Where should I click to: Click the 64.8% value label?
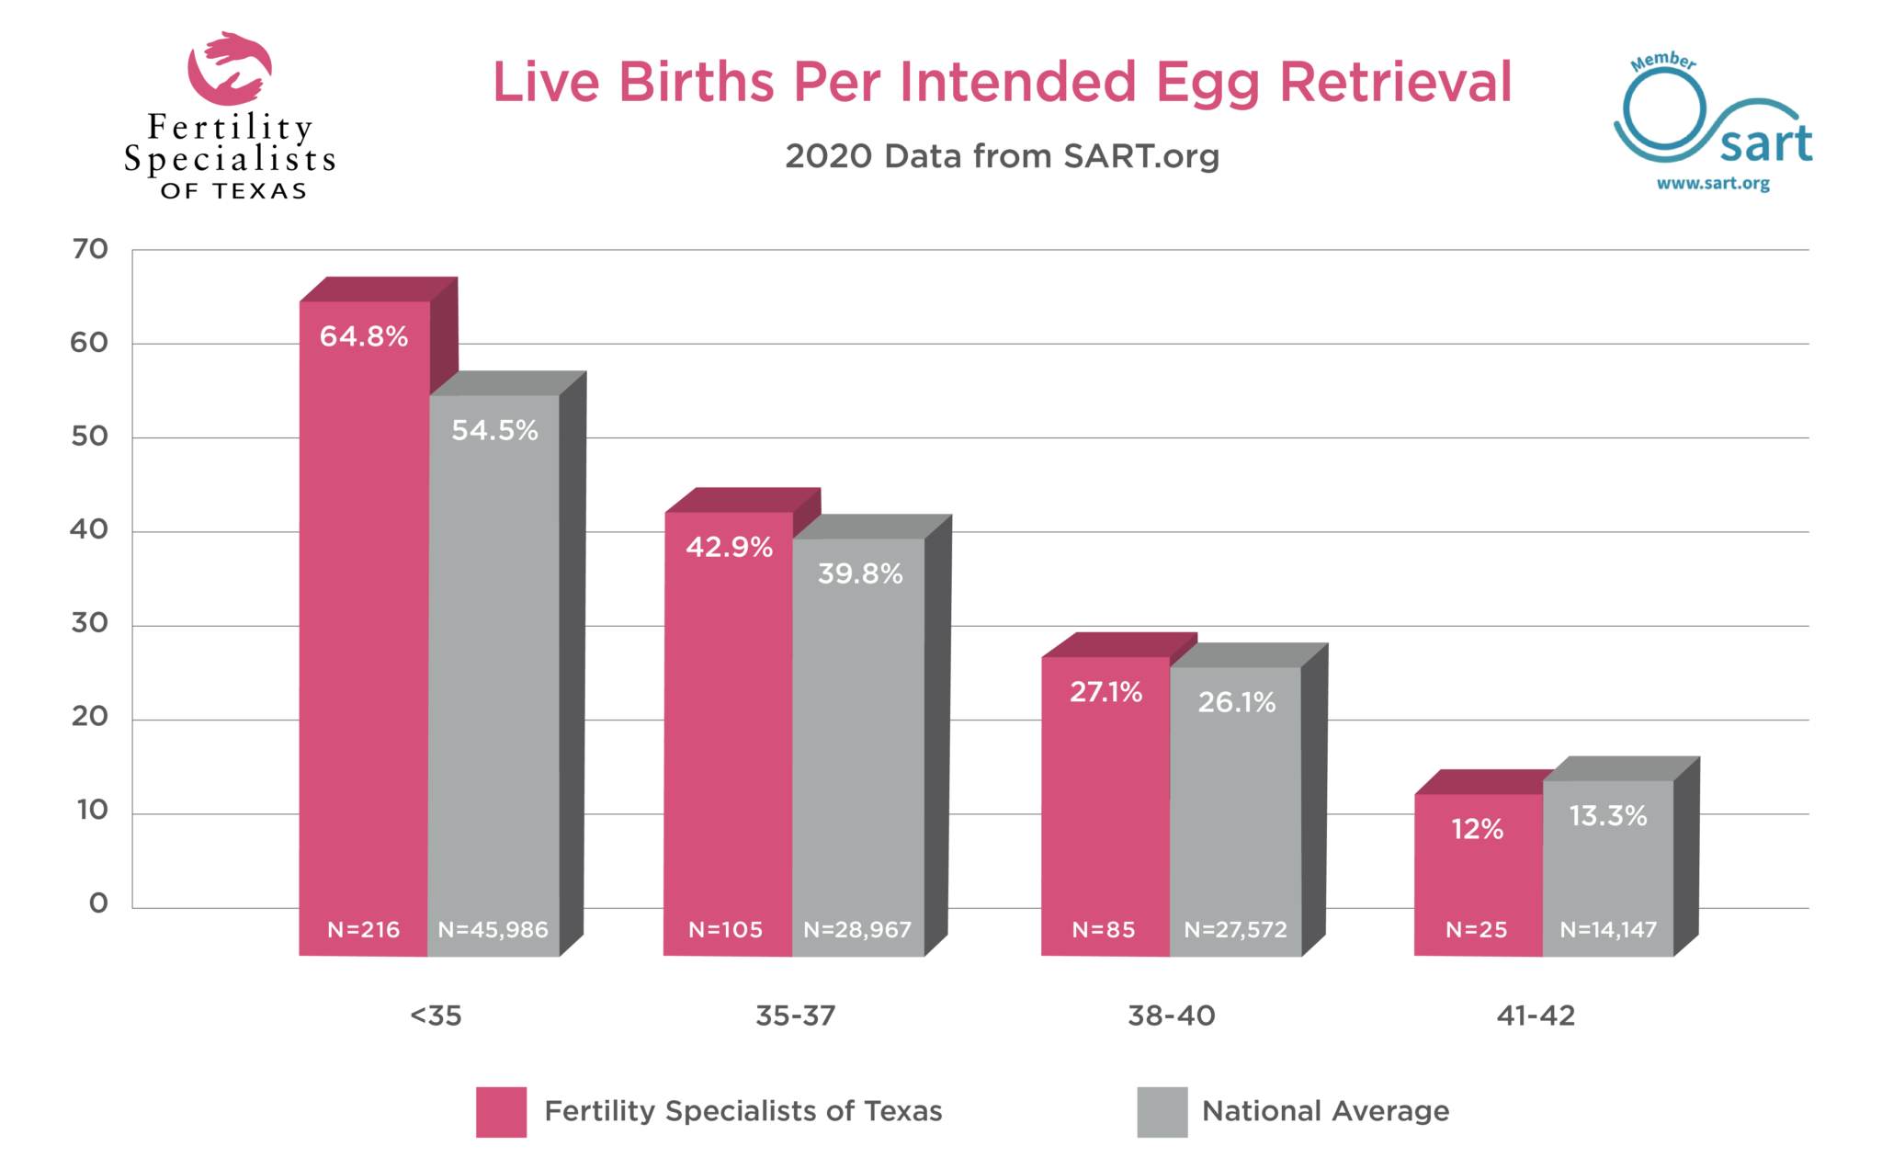click(364, 336)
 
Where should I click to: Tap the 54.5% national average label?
click(494, 430)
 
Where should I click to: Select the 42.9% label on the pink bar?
click(729, 547)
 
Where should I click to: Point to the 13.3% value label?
click(1607, 815)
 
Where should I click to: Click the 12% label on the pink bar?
click(1477, 829)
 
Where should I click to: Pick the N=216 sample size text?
click(364, 930)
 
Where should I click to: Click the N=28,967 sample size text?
click(857, 930)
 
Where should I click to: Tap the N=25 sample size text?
click(1476, 930)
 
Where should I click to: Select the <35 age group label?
click(436, 1016)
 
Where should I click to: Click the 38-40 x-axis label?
click(1172, 1016)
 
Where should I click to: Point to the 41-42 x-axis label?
click(1536, 1016)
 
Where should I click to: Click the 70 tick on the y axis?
click(90, 249)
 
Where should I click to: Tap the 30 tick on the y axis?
click(90, 623)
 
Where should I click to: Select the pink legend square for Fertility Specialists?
click(501, 1112)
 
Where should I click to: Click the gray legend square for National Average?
click(1162, 1112)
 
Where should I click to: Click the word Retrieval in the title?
click(1395, 83)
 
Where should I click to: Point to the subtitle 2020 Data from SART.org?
click(1002, 156)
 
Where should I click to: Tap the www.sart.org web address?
click(1713, 183)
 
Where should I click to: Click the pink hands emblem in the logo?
click(229, 69)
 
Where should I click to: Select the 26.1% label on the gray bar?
click(1236, 702)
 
